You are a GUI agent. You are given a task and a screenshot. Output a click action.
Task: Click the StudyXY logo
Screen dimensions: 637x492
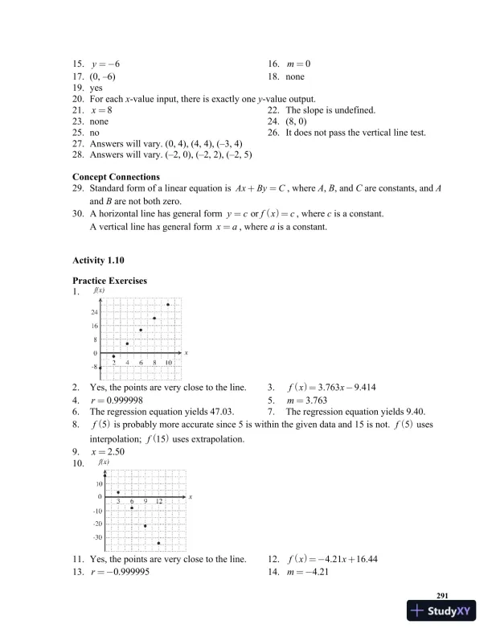click(x=441, y=613)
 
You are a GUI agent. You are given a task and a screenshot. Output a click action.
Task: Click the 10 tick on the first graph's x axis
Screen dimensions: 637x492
click(x=168, y=364)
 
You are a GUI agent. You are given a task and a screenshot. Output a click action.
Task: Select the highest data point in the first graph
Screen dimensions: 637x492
click(x=168, y=305)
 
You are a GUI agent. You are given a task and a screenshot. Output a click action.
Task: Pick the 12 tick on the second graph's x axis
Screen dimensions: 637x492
click(x=159, y=502)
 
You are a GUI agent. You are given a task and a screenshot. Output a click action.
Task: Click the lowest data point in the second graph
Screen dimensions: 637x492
click(x=159, y=543)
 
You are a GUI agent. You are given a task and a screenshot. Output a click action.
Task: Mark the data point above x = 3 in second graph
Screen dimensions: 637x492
click(x=118, y=492)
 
